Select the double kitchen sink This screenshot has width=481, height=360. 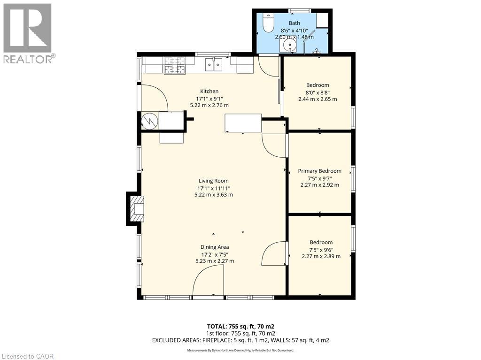214,65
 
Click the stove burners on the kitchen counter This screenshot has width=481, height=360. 175,66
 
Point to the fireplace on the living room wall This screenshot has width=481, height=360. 135,209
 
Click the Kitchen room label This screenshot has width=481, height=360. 209,91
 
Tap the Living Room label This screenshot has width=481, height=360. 214,181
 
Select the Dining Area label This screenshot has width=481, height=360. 215,247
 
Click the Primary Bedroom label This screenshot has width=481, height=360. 319,171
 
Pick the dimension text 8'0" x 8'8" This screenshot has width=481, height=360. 318,92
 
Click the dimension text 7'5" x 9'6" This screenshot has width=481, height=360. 321,249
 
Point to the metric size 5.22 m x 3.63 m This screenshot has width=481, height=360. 214,195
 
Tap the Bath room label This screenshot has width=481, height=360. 295,23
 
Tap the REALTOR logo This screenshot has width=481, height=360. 28,33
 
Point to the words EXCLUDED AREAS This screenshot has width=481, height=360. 174,340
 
